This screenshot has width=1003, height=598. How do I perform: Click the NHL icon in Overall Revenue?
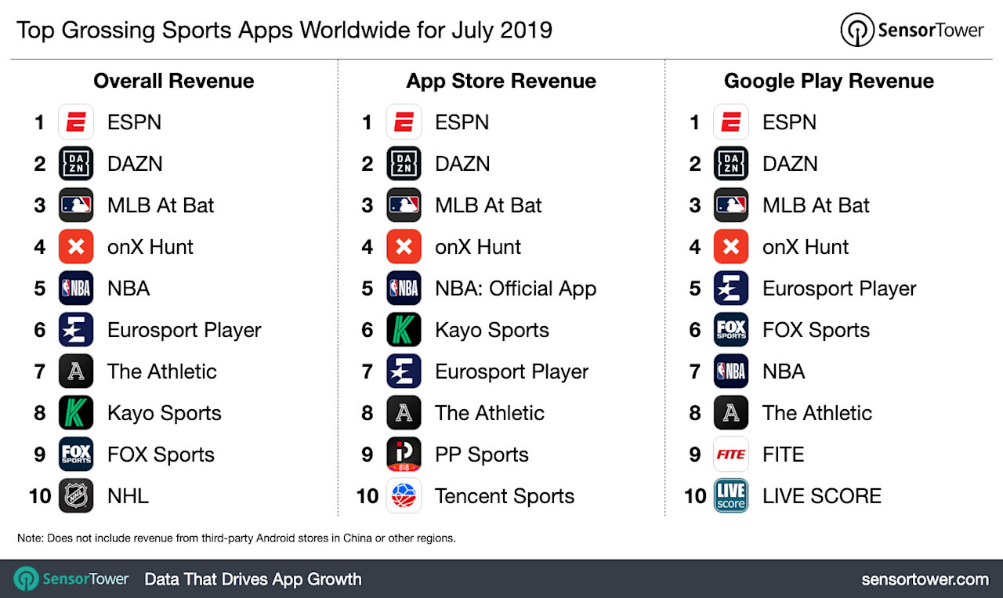tap(76, 496)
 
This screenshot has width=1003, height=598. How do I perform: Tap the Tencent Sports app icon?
tap(404, 496)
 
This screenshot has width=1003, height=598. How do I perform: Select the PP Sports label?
tap(481, 455)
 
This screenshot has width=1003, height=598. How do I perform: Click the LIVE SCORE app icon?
tap(731, 496)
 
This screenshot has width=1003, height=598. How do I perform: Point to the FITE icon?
tap(731, 455)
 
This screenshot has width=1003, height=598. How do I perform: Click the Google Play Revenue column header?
tap(828, 81)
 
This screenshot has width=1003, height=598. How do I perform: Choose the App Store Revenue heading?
tap(501, 81)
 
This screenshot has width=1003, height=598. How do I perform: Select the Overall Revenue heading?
tap(173, 81)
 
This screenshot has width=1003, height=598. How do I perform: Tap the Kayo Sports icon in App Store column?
tap(404, 330)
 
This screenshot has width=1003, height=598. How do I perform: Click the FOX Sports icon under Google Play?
tap(731, 330)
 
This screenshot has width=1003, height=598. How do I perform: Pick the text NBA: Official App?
tap(516, 288)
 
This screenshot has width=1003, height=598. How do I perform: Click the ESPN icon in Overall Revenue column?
tap(76, 122)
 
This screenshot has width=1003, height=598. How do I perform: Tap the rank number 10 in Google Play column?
tap(695, 496)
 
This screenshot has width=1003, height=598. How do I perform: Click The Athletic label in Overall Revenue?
tap(161, 371)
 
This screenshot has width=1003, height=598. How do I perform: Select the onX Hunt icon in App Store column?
tap(404, 247)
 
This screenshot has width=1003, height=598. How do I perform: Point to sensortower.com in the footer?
tap(925, 579)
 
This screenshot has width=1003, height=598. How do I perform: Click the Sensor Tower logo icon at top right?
tap(857, 31)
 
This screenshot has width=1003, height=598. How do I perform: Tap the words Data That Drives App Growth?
tap(252, 579)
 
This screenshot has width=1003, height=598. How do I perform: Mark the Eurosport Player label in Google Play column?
tap(838, 288)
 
